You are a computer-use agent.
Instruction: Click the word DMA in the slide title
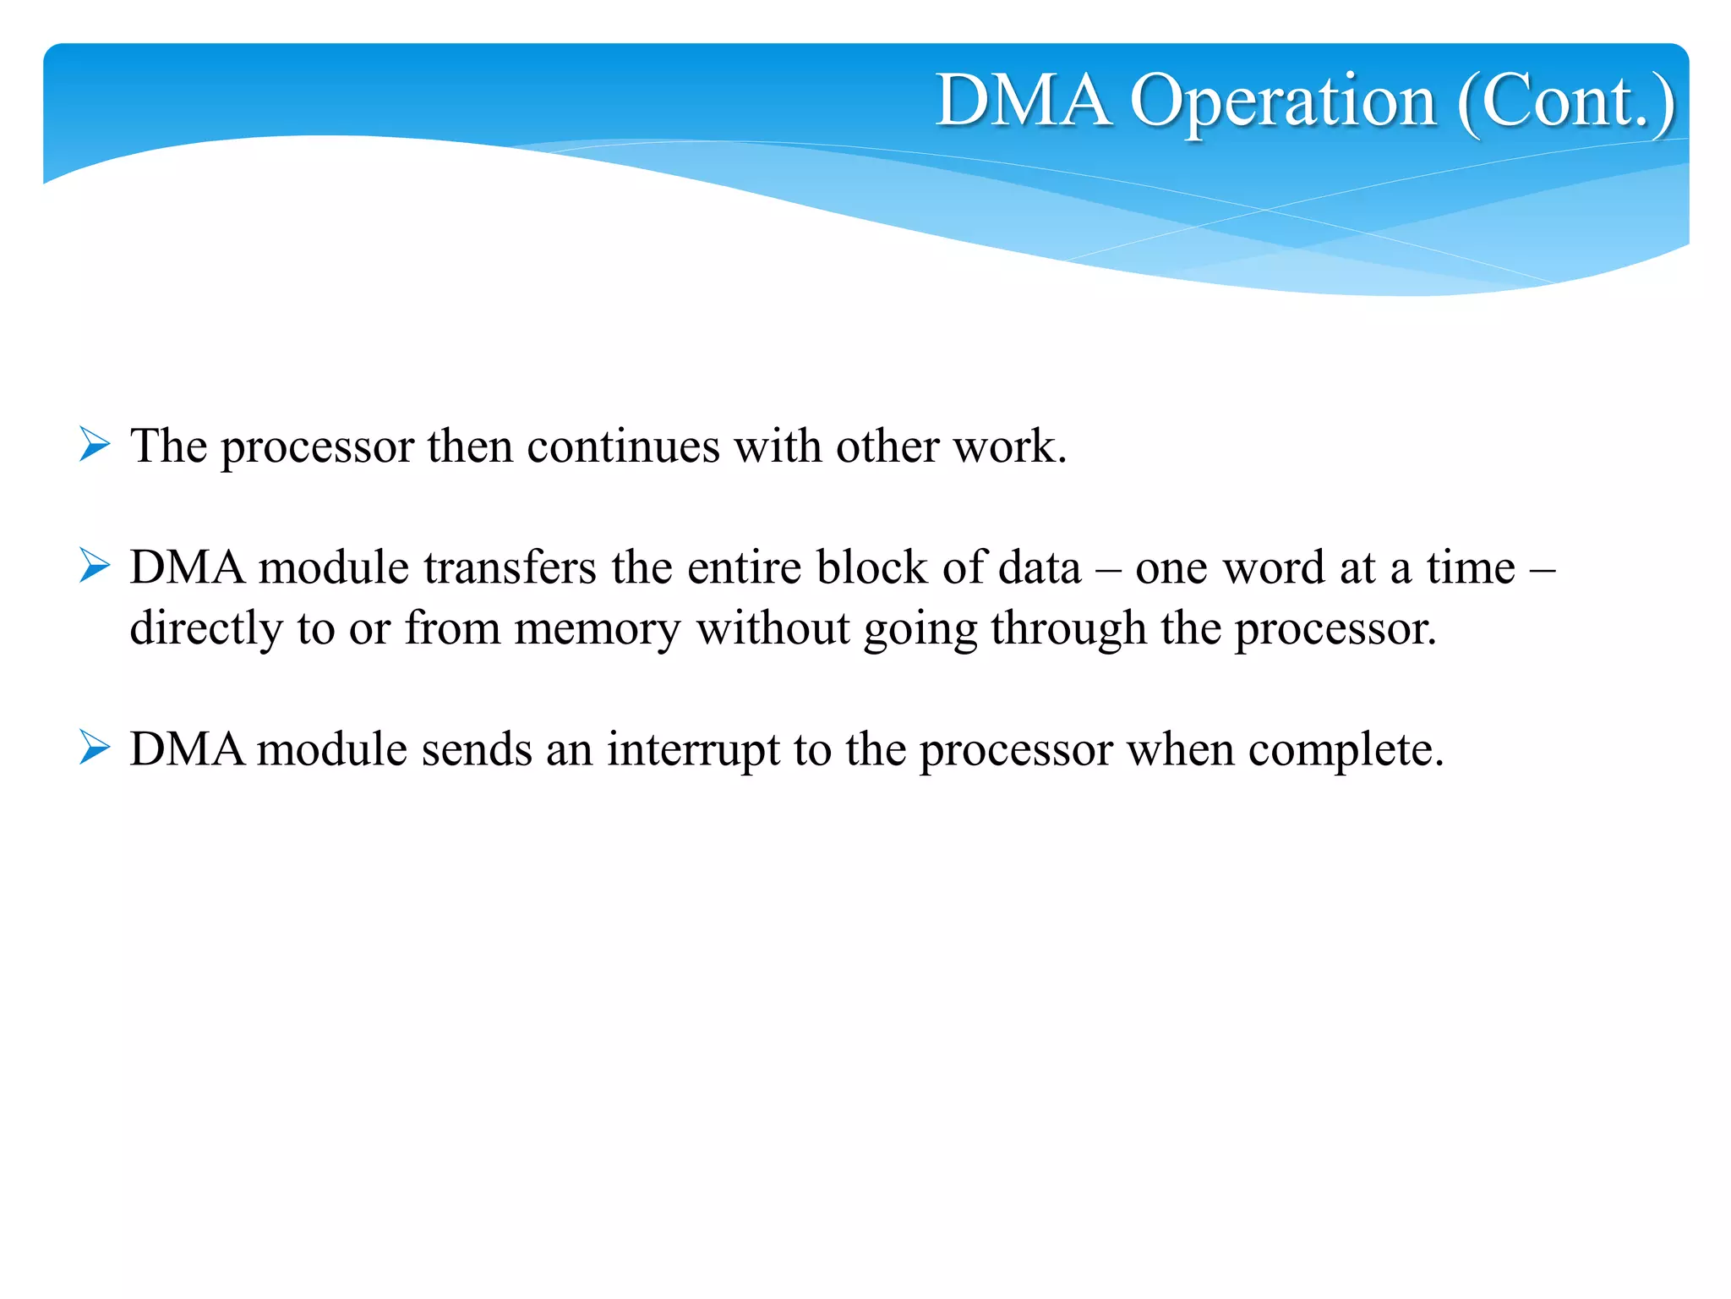1023,101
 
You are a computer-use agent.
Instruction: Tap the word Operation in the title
1283,103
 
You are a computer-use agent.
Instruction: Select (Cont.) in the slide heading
1566,103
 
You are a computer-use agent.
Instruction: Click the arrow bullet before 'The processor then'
95,444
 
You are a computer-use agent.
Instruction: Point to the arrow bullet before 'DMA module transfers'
95,566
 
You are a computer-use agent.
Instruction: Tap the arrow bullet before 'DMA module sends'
95,748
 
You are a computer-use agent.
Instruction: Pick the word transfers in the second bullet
511,567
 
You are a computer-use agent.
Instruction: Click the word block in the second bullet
872,567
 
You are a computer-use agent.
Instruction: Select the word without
773,628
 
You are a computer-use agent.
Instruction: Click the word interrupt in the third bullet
693,750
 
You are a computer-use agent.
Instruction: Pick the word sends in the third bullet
477,749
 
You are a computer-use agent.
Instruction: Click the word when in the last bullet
1180,749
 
